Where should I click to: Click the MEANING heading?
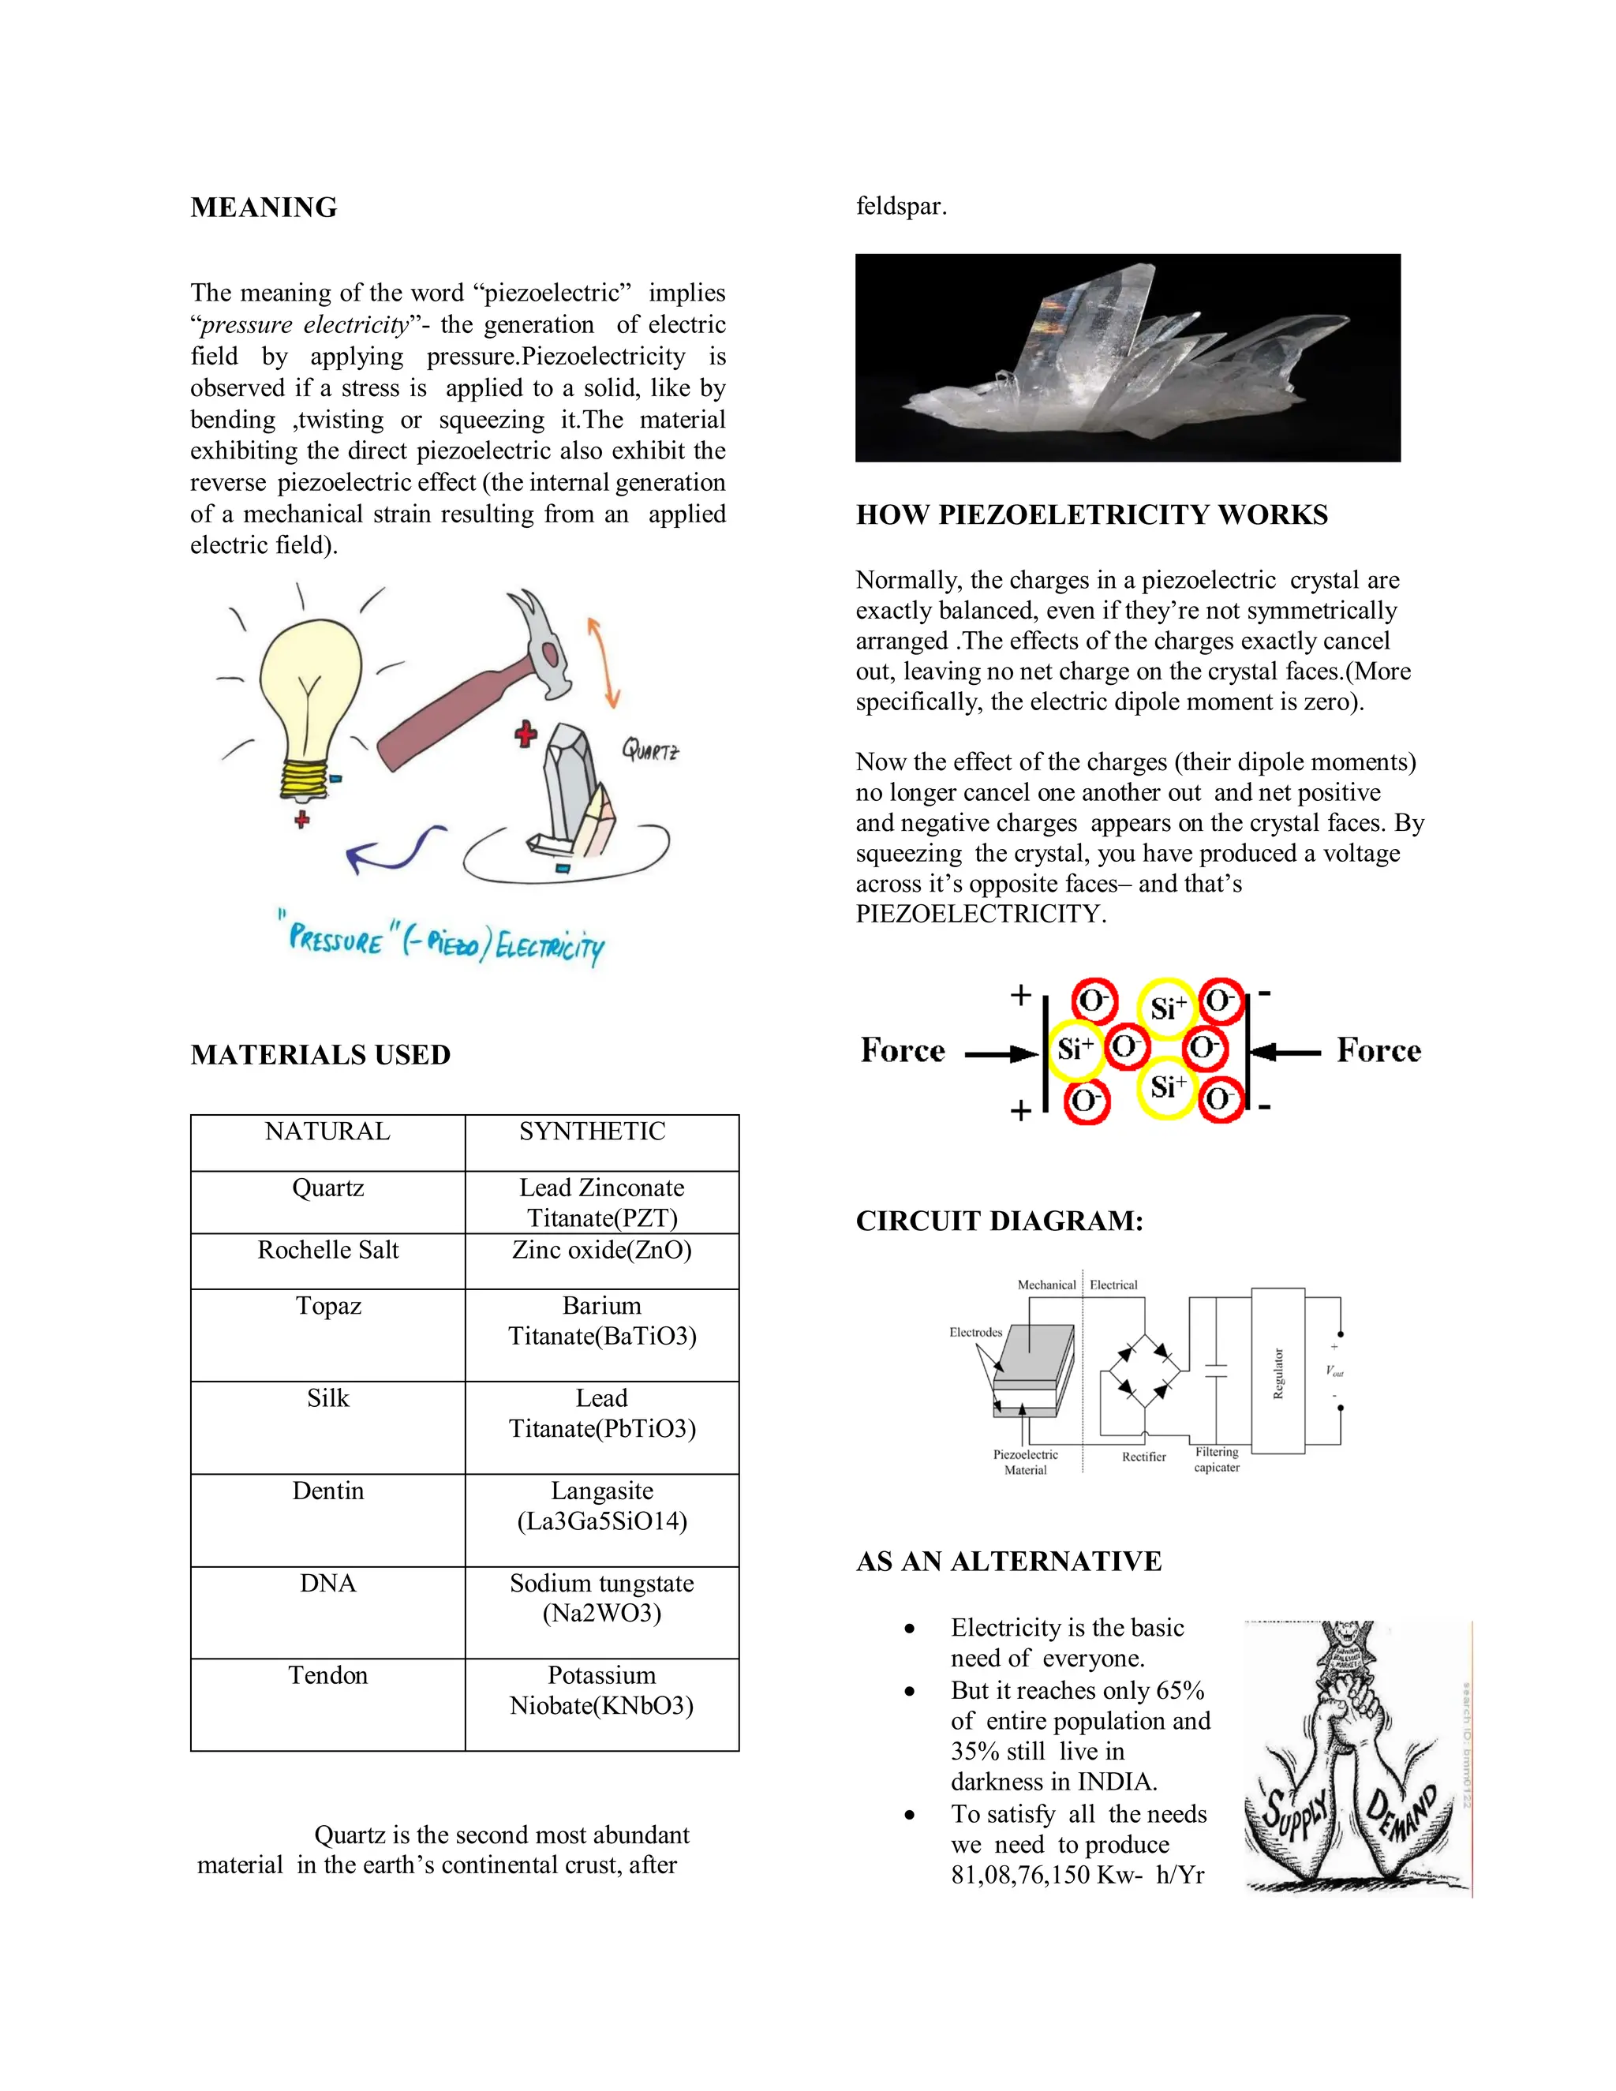[264, 208]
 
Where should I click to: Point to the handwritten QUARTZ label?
[650, 749]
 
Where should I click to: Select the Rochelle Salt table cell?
[327, 1251]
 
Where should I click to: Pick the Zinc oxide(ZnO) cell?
[601, 1251]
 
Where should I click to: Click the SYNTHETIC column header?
[592, 1132]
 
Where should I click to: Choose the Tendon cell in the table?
[327, 1675]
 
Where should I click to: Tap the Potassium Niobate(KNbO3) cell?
[601, 1691]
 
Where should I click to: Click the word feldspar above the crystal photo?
[901, 207]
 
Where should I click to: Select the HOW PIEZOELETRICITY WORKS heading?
[1091, 515]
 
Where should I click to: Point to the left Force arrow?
[1001, 1054]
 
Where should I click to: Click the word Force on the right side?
[1378, 1050]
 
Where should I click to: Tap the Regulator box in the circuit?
[1278, 1372]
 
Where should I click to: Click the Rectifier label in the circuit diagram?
[1144, 1457]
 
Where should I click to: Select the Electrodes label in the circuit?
[975, 1333]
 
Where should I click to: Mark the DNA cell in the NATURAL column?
[327, 1584]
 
